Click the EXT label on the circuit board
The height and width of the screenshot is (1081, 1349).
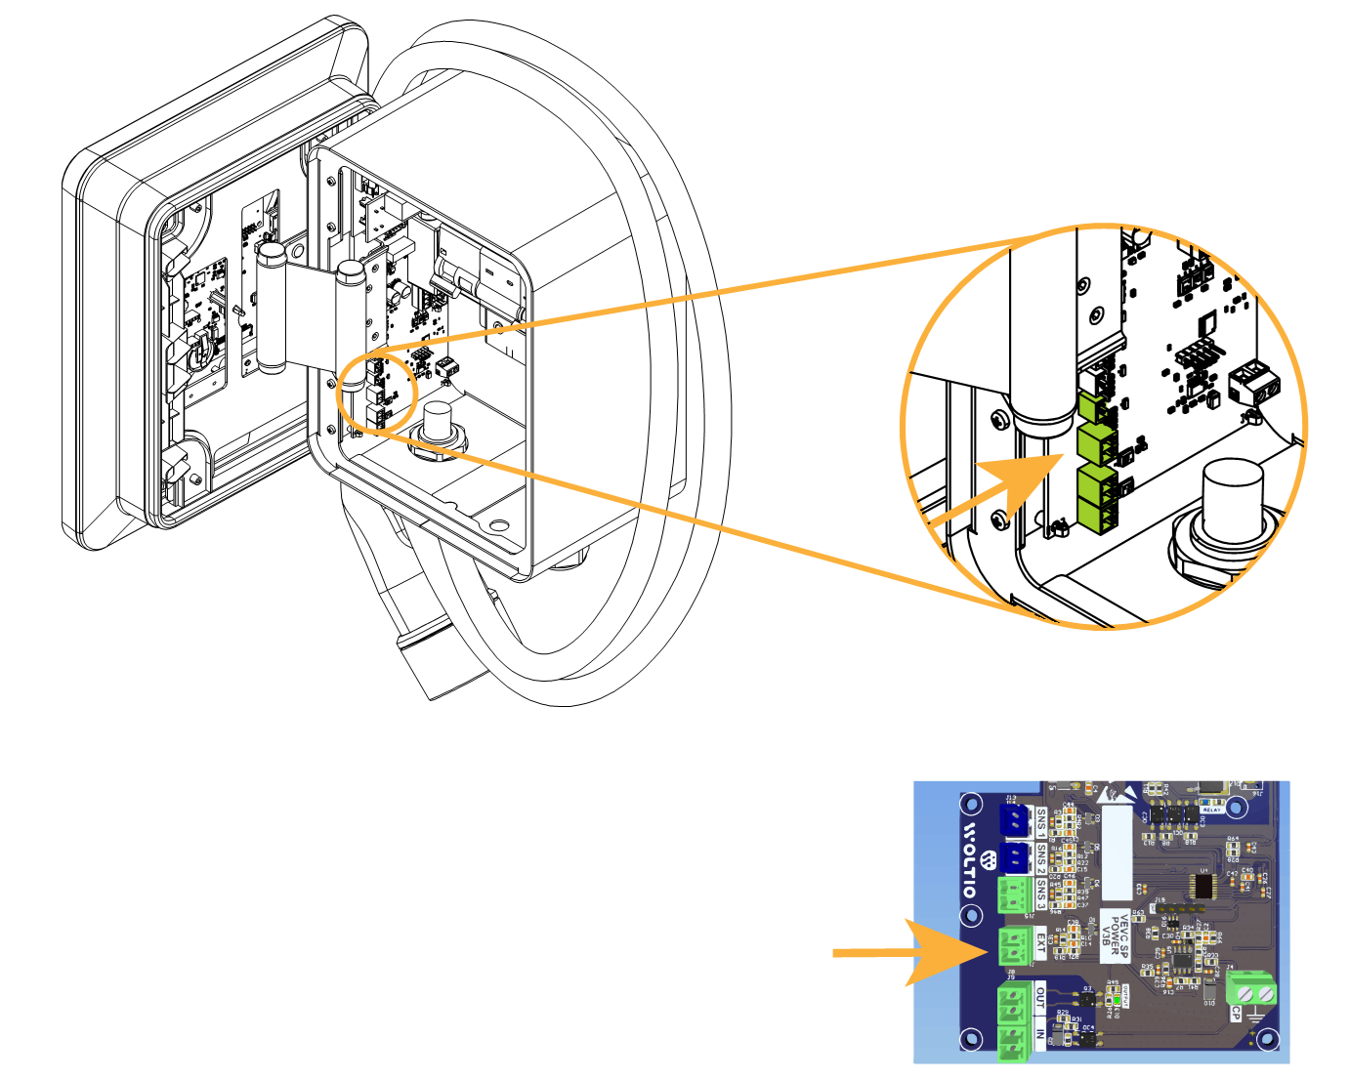(1040, 944)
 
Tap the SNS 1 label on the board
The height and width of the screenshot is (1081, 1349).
(1041, 823)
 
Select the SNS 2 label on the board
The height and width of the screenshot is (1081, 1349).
(1041, 859)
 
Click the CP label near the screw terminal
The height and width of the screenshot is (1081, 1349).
(1235, 1015)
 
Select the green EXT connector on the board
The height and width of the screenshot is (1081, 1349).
(1015, 945)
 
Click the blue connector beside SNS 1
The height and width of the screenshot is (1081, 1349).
(1015, 822)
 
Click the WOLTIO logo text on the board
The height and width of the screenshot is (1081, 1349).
(969, 860)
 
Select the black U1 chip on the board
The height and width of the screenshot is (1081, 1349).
(1203, 886)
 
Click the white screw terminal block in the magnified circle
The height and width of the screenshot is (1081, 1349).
(1256, 382)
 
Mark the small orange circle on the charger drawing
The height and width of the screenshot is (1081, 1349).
(378, 390)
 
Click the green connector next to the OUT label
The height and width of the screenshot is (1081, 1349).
(1015, 1000)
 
